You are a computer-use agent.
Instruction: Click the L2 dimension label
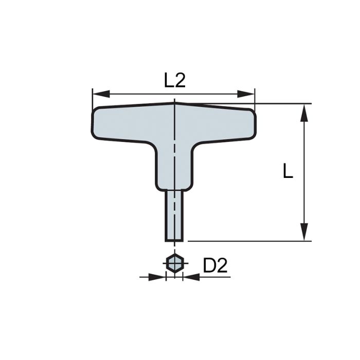175,81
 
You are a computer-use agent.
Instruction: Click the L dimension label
288,171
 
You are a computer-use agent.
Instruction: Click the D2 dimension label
215,266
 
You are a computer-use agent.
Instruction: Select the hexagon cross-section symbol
175,264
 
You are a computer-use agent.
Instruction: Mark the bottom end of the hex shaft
175,240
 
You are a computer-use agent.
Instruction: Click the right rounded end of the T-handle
250,123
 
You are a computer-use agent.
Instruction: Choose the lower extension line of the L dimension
247,240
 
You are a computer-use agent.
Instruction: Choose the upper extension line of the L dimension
283,103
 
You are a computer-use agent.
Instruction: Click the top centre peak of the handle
175,103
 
